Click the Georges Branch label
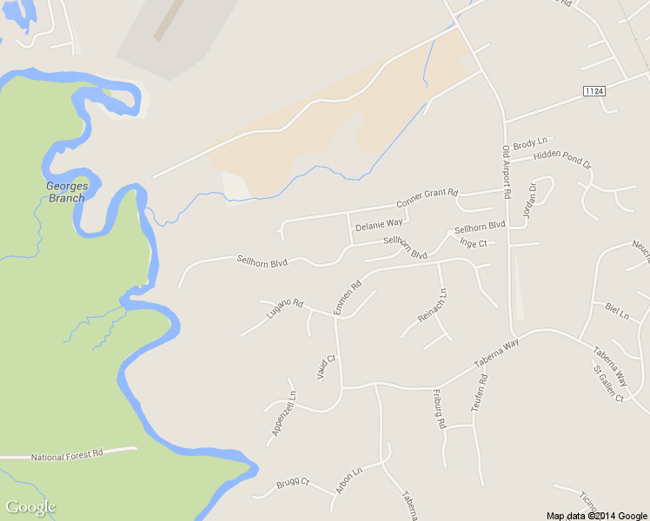pyautogui.click(x=66, y=192)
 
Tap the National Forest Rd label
pyautogui.click(x=67, y=454)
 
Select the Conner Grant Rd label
pyautogui.click(x=427, y=198)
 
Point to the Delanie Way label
pyautogui.click(x=379, y=223)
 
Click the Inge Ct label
pyautogui.click(x=473, y=243)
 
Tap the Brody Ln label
pyautogui.click(x=530, y=142)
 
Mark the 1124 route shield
pyautogui.click(x=594, y=90)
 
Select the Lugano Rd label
pyautogui.click(x=284, y=310)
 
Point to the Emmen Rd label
pyautogui.click(x=346, y=298)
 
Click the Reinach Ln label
pyautogui.click(x=432, y=307)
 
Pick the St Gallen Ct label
pyautogui.click(x=608, y=383)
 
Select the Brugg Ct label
pyautogui.click(x=293, y=484)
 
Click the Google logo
pyautogui.click(x=30, y=507)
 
